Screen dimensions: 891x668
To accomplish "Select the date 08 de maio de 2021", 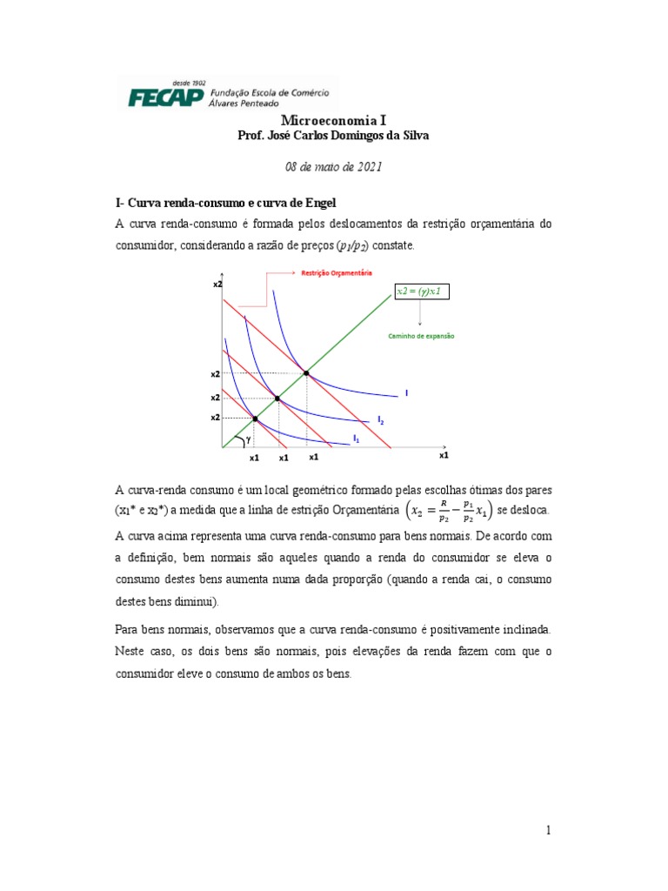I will [334, 168].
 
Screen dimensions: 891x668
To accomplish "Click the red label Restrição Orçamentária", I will [337, 272].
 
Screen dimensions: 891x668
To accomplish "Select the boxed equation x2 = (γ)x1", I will [422, 291].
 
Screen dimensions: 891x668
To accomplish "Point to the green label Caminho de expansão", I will [421, 335].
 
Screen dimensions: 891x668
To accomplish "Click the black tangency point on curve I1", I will [255, 419].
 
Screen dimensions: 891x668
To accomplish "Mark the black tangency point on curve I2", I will [277, 399].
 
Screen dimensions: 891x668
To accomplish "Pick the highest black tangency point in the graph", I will [306, 372].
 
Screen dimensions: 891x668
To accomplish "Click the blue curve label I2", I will [379, 421].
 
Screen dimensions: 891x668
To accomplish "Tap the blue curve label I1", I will [356, 438].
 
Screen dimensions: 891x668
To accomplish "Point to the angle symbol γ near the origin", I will [248, 439].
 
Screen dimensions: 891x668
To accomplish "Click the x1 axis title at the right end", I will [444, 454].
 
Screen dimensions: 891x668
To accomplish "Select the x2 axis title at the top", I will [217, 285].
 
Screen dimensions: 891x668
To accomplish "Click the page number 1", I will [549, 831].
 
